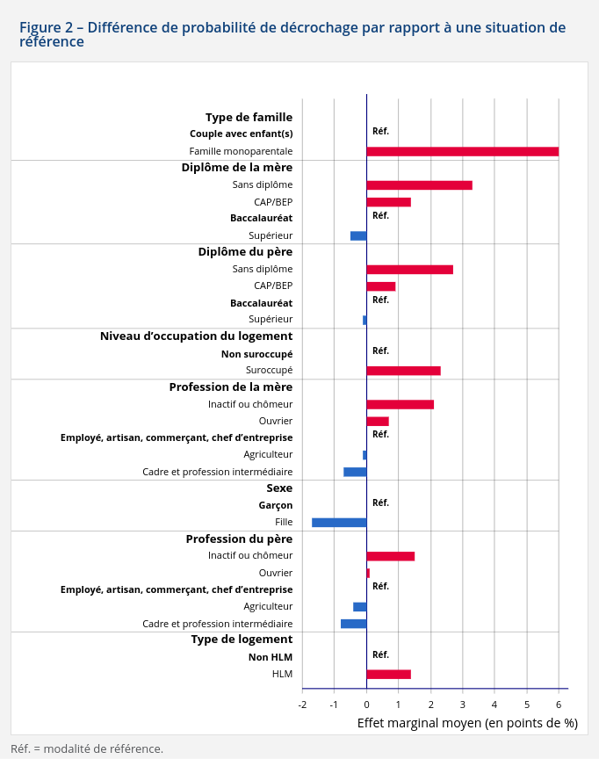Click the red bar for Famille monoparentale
[x=462, y=151]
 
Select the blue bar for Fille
[x=339, y=523]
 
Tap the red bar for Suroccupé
[x=403, y=371]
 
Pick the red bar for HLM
[x=388, y=675]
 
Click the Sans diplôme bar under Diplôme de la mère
[x=419, y=185]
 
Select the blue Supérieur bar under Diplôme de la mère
[x=358, y=235]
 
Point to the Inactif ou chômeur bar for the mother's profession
[x=400, y=404]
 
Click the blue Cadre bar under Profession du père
[x=353, y=624]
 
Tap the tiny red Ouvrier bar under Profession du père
[x=368, y=573]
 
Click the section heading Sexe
[x=279, y=488]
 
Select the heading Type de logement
[x=242, y=639]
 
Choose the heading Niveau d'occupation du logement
[x=196, y=336]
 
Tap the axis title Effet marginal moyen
[x=467, y=723]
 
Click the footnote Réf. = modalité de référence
[x=87, y=748]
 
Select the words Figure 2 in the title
[x=46, y=27]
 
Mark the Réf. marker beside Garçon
[x=380, y=503]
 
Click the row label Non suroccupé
[x=256, y=354]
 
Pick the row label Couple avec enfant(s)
[x=241, y=134]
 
